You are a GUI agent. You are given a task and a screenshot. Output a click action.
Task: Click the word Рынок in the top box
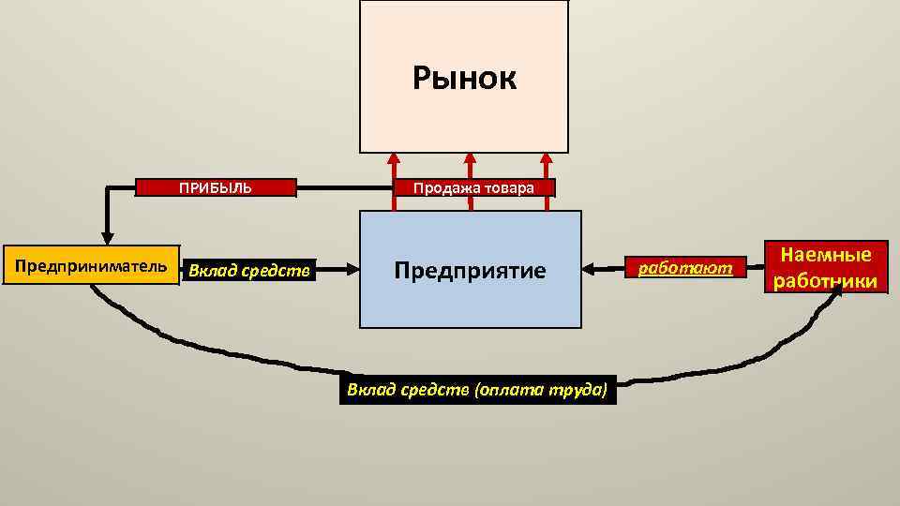click(464, 79)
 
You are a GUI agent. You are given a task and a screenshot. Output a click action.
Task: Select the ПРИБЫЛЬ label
click(217, 187)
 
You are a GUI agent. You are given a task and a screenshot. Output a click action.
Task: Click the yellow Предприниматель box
click(91, 266)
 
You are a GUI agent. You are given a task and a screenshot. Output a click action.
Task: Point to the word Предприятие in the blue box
click(470, 271)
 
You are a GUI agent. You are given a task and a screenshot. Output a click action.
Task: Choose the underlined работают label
click(685, 269)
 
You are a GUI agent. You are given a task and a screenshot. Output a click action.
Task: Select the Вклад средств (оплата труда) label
click(478, 389)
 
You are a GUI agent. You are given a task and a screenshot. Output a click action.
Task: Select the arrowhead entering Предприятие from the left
click(352, 270)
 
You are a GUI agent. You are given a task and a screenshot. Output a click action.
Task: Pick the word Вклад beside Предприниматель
click(208, 272)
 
